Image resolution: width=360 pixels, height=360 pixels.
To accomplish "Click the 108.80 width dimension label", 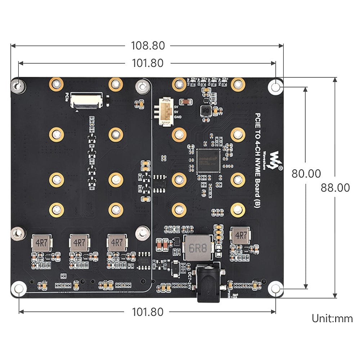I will pyautogui.click(x=148, y=46).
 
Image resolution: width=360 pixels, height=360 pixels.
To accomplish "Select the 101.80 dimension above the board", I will pyautogui.click(x=148, y=63).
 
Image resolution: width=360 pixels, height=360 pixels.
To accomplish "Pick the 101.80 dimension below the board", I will pyautogui.click(x=148, y=311).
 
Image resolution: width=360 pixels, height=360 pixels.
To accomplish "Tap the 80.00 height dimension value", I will pyautogui.click(x=306, y=174).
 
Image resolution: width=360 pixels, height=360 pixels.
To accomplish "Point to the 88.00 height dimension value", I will pyautogui.click(x=335, y=188).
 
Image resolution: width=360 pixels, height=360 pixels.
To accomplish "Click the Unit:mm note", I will pyautogui.click(x=332, y=318).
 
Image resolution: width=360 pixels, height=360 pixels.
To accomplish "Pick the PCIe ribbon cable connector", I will pyautogui.click(x=86, y=100).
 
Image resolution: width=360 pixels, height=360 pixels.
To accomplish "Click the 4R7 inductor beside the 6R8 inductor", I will pyautogui.click(x=239, y=236).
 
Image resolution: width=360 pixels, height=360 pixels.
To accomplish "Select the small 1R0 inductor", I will pyautogui.click(x=206, y=111).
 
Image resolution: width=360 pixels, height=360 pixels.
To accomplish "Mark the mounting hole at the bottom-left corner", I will pyautogui.click(x=19, y=289).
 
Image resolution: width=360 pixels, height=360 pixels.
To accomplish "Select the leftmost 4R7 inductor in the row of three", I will pyautogui.click(x=42, y=243).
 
